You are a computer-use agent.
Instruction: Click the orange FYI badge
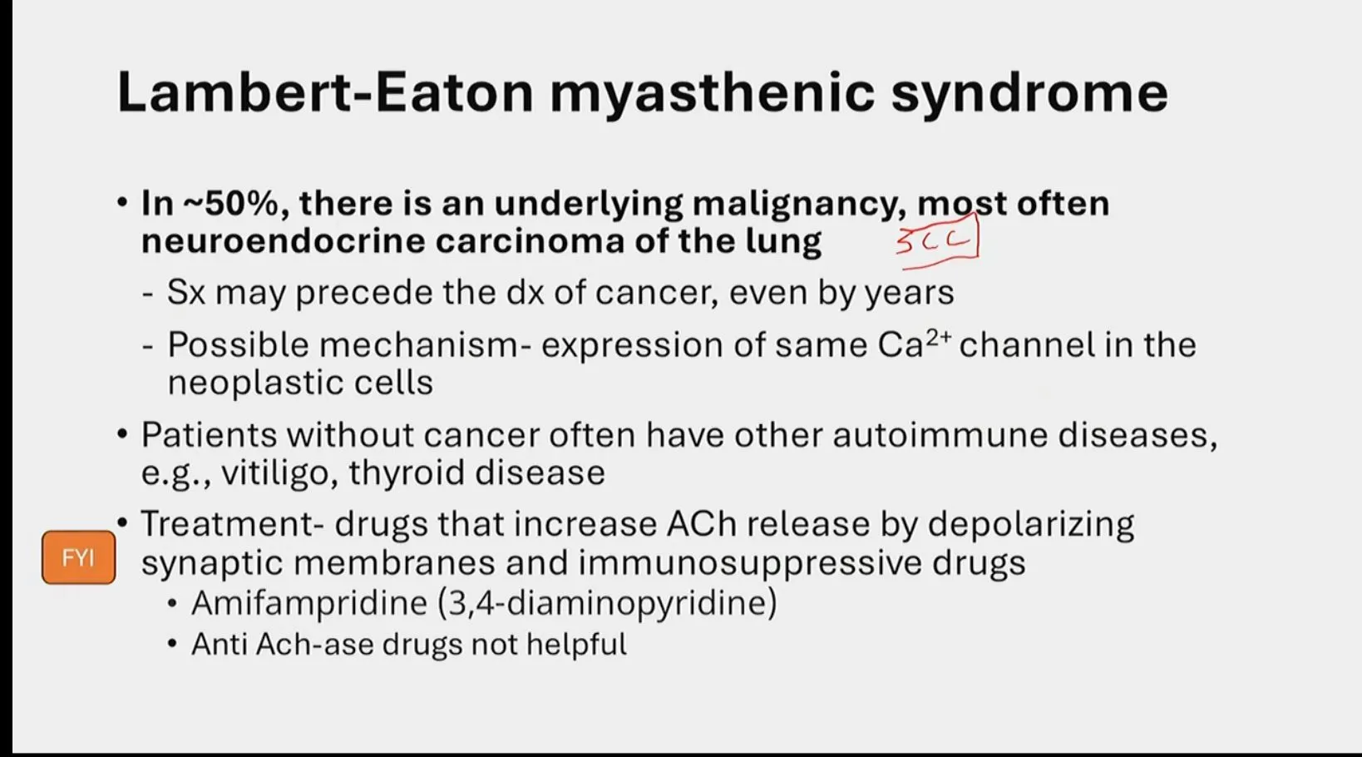click(78, 557)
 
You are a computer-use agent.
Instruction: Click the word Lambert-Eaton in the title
click(325, 92)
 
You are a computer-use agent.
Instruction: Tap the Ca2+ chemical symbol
click(914, 344)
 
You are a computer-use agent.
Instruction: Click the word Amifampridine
click(309, 604)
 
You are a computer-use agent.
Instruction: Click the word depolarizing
click(1031, 525)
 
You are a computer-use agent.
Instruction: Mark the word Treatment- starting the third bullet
click(232, 523)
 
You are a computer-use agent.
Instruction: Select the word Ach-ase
click(315, 645)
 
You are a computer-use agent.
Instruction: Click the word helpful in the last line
click(576, 645)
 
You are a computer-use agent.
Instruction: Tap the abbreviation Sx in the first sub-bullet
click(186, 293)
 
